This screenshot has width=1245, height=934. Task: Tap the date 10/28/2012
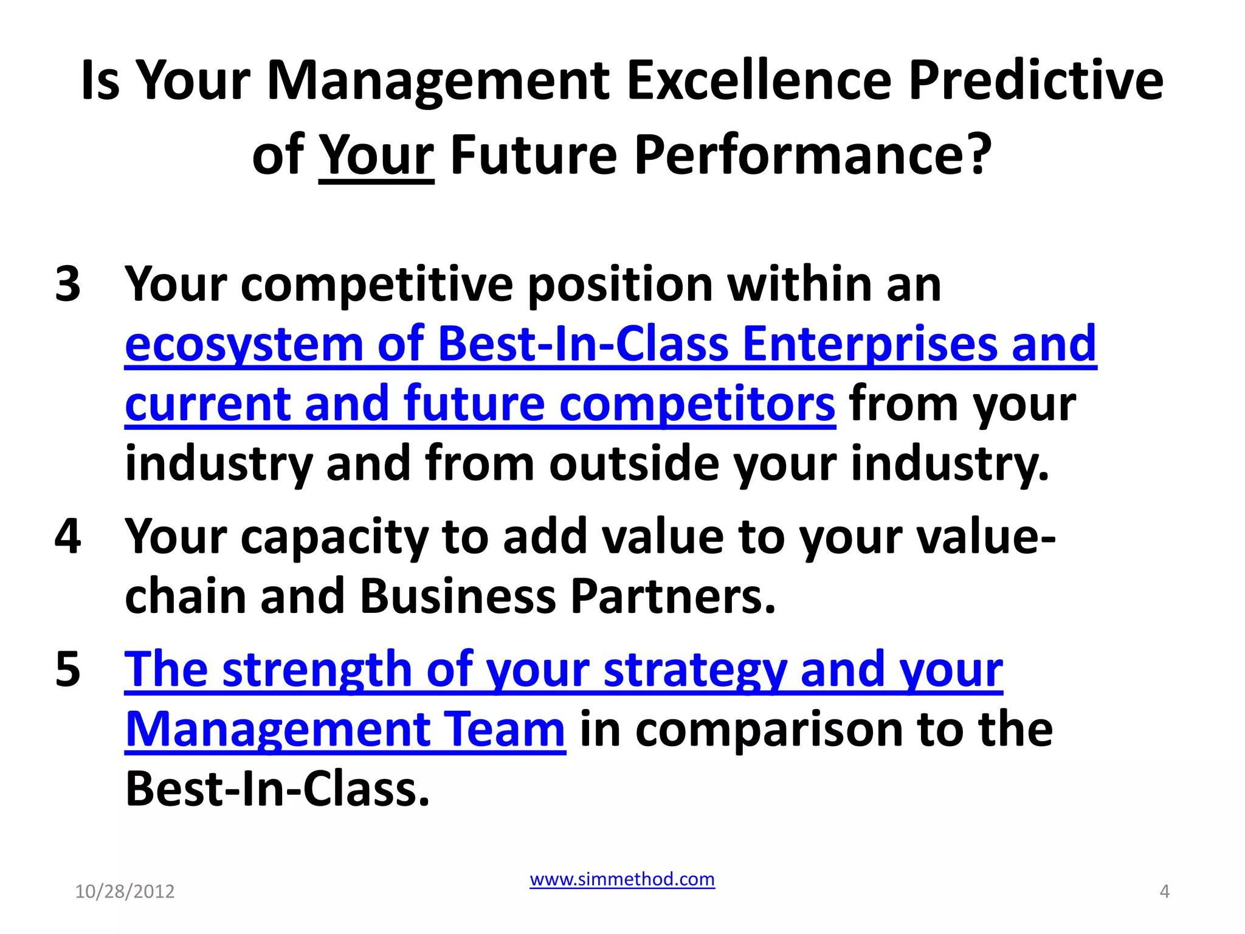(x=125, y=891)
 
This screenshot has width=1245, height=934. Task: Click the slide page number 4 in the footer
(x=1164, y=891)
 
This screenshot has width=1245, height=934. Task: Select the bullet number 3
(x=67, y=284)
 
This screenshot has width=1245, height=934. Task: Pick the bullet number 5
(x=67, y=669)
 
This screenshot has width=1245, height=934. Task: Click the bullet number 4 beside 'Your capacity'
(x=67, y=536)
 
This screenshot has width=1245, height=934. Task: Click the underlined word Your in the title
(x=376, y=155)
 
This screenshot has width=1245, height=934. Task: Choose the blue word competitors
(x=697, y=404)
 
